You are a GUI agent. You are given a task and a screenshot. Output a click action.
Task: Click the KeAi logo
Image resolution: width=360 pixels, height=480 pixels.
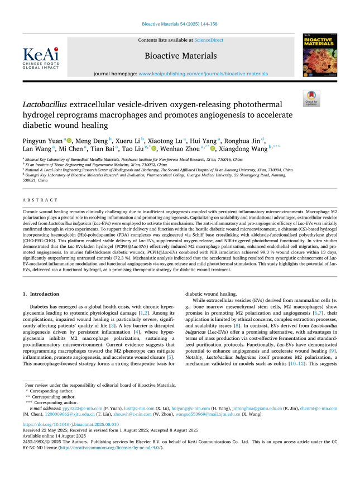pyautogui.click(x=40, y=57)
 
